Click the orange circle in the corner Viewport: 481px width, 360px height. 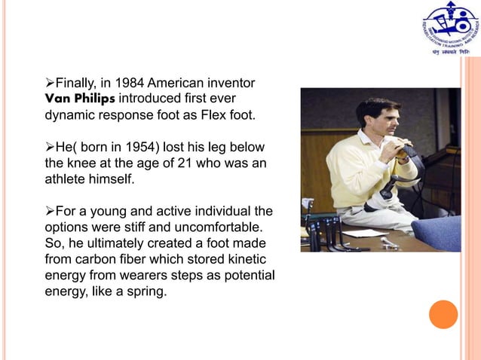443,314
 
